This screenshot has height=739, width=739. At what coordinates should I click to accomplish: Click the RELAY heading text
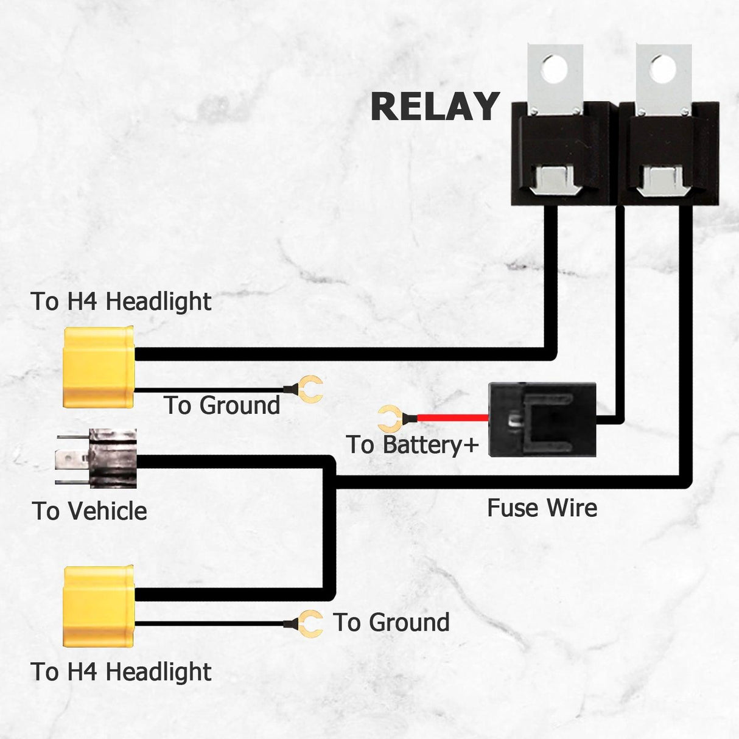pos(435,107)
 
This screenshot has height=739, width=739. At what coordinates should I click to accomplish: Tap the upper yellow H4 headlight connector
pos(98,366)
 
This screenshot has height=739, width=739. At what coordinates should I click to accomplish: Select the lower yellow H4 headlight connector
pos(98,606)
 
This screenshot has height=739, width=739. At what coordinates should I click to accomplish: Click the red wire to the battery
pos(453,418)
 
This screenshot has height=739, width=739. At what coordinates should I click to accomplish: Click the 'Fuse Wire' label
pos(542,508)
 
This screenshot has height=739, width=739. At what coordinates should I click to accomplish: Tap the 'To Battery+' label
pos(412,445)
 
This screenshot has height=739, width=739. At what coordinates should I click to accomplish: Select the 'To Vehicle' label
pos(89,511)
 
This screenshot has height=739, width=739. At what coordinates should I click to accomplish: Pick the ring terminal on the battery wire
pos(388,419)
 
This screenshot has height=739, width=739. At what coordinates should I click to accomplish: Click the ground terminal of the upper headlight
pos(312,390)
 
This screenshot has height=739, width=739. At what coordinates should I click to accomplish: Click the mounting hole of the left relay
pos(555,68)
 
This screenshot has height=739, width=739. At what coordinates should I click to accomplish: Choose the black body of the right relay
pos(668,155)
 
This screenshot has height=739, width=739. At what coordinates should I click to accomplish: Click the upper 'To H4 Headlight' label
pos(121,301)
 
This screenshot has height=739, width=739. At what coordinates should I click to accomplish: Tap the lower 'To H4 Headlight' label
pos(121,672)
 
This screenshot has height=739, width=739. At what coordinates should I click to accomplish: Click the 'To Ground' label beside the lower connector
pos(391,623)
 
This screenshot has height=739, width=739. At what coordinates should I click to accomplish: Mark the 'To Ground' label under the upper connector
pos(222,405)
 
